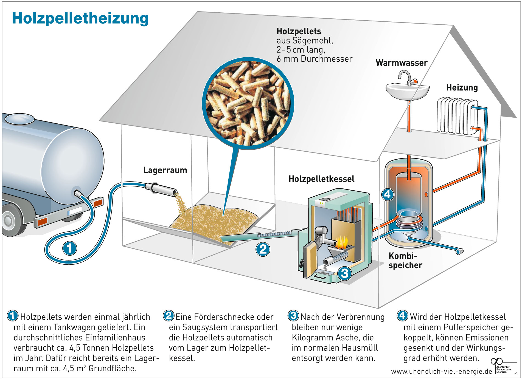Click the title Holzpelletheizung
coord(80,18)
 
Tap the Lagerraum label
coord(165,170)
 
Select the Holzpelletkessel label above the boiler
coord(321,179)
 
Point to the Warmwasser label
coord(401,63)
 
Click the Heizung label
coord(462,87)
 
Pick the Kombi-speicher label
coord(405,261)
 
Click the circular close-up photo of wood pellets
coord(248,103)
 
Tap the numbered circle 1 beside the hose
coord(69,248)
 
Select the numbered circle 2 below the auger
coord(263,249)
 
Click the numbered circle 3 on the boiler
coord(344,273)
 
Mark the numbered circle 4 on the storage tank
coord(388,194)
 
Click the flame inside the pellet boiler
coord(342,242)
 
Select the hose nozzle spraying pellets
coord(161,189)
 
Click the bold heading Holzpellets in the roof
coord(299,31)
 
